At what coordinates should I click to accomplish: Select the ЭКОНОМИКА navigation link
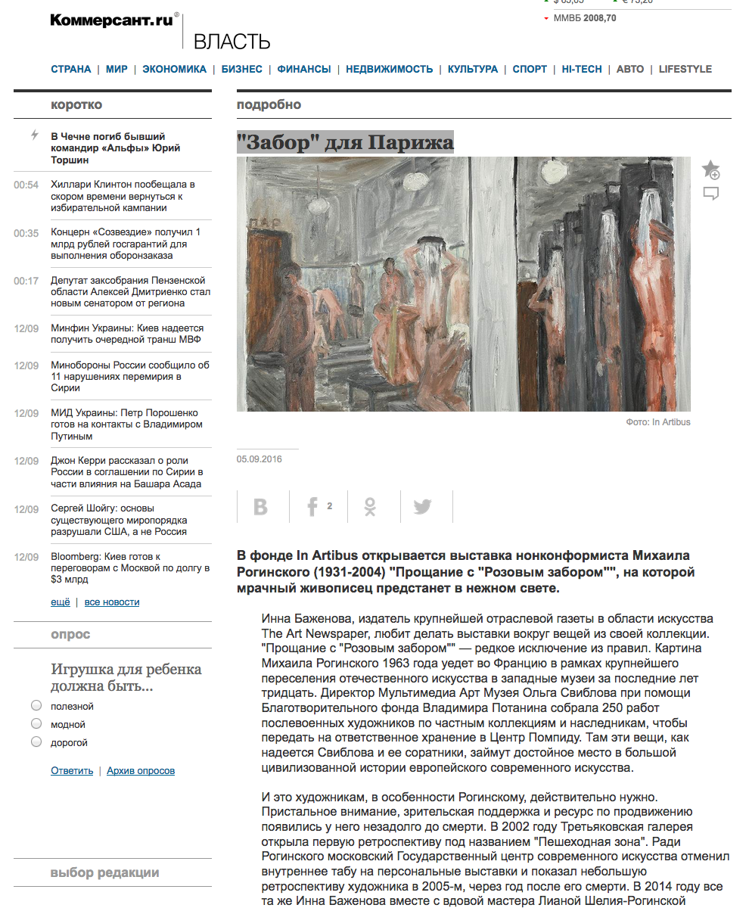click(174, 69)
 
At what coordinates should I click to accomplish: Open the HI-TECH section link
click(582, 69)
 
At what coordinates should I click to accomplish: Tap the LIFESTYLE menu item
click(685, 69)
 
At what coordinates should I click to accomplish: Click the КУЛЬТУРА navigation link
click(472, 69)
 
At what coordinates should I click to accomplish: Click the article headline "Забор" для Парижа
click(345, 142)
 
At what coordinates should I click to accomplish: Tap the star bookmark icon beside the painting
click(710, 169)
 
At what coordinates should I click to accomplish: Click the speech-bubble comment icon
click(710, 194)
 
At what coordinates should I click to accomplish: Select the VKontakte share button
click(261, 507)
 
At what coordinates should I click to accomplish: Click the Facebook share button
click(312, 507)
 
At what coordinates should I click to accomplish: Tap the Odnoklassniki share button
click(370, 507)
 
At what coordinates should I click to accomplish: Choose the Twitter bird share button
click(423, 507)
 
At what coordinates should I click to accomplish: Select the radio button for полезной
click(36, 706)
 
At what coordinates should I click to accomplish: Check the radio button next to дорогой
click(36, 742)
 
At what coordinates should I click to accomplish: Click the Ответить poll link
click(72, 771)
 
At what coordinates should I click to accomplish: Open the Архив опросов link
click(141, 771)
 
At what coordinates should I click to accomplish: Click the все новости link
click(112, 602)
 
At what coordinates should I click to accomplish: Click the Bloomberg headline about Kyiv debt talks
click(129, 568)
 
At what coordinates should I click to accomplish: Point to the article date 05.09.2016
click(260, 459)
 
